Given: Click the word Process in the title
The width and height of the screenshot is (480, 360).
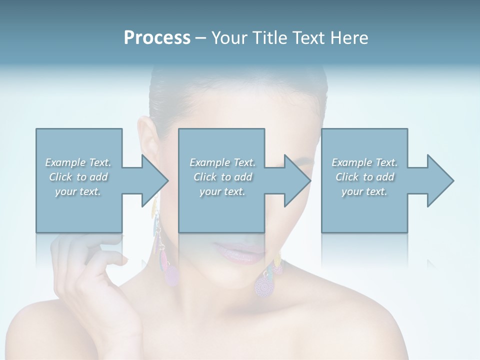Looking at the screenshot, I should click(157, 38).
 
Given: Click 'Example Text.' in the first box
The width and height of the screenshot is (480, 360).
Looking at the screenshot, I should click(78, 162).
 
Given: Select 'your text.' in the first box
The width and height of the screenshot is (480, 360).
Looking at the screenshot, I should click(78, 191).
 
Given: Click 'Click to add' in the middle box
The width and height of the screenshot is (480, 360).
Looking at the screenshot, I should click(222, 177).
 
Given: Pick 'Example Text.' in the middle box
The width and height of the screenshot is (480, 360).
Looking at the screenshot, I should click(222, 162).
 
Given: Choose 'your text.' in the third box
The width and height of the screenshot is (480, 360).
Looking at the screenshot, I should click(364, 191).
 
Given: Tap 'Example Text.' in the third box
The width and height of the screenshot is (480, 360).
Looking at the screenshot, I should click(364, 162).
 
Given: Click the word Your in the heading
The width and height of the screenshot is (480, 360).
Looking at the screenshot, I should click(227, 38).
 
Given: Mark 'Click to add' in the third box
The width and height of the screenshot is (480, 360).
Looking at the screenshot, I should click(364, 177).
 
